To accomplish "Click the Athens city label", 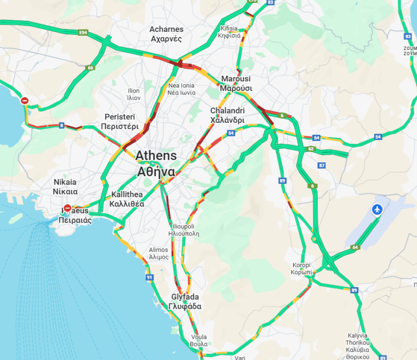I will tap(156, 163).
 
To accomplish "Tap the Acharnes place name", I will tap(166, 34).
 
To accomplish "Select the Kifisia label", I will tap(229, 31).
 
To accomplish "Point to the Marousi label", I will tap(236, 83).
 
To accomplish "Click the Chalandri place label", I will tap(227, 115).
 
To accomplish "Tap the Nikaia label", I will tap(65, 187).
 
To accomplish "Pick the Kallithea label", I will tap(127, 198).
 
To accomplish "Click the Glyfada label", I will tap(185, 301).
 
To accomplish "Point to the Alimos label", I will tap(159, 253).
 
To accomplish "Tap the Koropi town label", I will tap(302, 268).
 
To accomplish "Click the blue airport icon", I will tap(376, 210).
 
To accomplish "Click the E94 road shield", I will tap(84, 33).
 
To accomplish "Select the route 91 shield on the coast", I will tap(149, 277).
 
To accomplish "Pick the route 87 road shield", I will tap(322, 165).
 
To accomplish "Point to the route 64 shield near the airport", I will tap(356, 247).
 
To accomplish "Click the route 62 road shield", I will tap(311, 149).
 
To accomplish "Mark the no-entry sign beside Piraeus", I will tap(68, 208).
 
